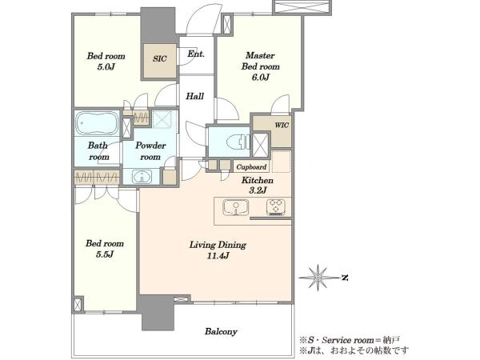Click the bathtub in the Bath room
[x=97, y=122]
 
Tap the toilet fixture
[x=238, y=142]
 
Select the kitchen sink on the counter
[x=235, y=207]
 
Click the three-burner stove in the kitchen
[x=276, y=207]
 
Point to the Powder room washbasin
[x=142, y=177]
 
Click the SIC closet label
[x=160, y=58]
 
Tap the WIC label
[x=282, y=126]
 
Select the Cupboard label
[x=251, y=167]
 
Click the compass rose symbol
[x=318, y=277]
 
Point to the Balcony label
[x=221, y=331]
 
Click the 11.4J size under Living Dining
[x=218, y=256]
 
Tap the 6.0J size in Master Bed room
[x=261, y=77]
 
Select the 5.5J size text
[x=105, y=254]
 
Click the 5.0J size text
[x=106, y=66]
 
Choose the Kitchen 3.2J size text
[x=258, y=190]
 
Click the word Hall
[x=195, y=96]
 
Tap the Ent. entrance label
[x=196, y=54]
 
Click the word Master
[x=260, y=55]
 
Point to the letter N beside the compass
[x=345, y=278]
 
